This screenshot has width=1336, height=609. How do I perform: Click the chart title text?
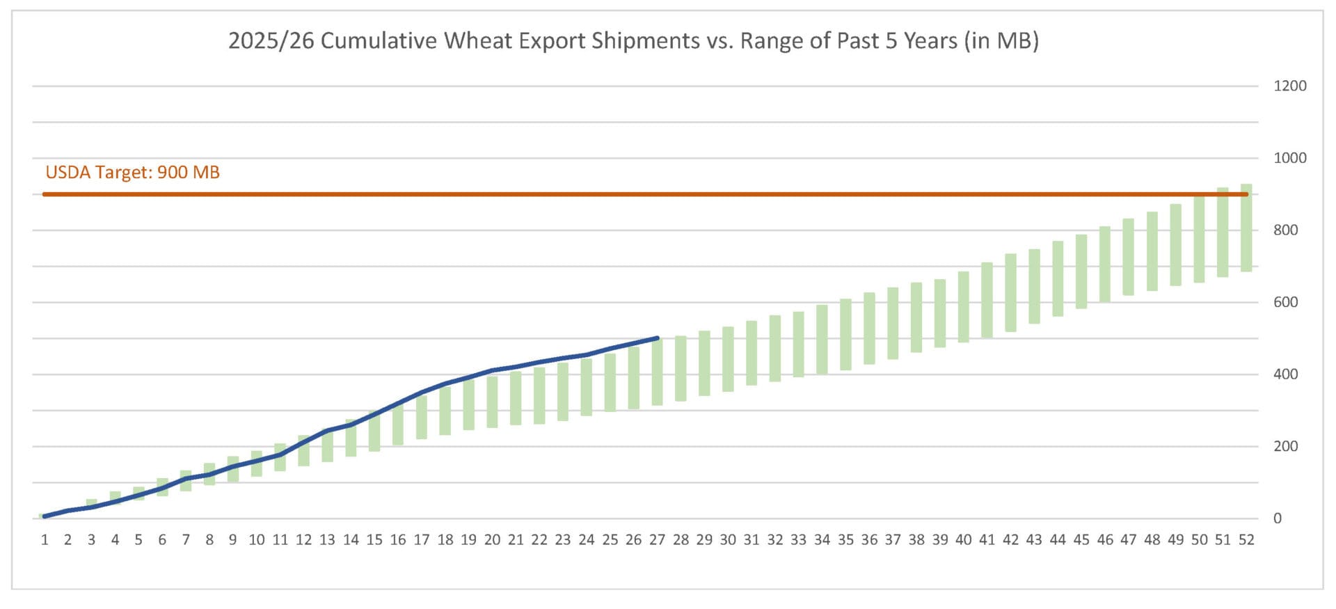point(633,41)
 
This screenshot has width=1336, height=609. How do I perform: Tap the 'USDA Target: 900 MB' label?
point(132,173)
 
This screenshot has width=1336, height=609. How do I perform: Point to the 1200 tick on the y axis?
point(1289,86)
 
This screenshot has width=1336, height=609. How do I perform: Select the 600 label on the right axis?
point(1285,302)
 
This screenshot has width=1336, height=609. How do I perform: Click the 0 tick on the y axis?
point(1277,519)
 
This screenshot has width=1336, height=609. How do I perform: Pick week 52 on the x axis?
point(1246,540)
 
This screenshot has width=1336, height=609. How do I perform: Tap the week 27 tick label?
point(657,540)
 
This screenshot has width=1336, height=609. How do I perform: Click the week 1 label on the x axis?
point(45,540)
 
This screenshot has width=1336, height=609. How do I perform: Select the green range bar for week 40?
point(963,307)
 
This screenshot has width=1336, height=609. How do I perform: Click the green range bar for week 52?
point(1246,228)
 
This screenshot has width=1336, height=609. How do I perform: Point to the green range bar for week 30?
point(728,359)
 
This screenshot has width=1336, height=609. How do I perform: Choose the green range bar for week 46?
point(1105,264)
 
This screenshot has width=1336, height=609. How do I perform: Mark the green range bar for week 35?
point(845,334)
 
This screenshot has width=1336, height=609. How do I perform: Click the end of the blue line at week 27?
point(657,338)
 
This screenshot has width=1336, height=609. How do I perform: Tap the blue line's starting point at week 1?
point(45,516)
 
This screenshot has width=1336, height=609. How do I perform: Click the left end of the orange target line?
point(45,194)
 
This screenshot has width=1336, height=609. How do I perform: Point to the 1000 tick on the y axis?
point(1289,158)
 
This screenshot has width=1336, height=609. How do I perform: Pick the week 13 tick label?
point(327,540)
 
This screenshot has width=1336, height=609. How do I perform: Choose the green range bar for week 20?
point(492,402)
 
